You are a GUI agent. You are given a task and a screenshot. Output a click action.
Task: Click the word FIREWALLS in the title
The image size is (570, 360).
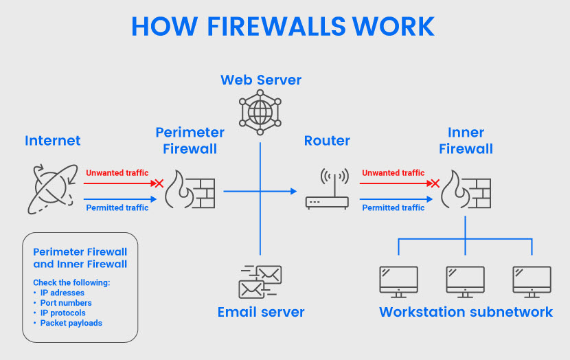[x=276, y=26]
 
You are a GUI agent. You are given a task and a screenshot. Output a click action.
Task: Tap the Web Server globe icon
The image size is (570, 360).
[x=260, y=113]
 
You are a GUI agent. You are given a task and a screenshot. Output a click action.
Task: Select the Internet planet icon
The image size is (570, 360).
[x=53, y=189]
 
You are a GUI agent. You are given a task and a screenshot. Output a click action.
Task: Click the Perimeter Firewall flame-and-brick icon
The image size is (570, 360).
[x=190, y=190]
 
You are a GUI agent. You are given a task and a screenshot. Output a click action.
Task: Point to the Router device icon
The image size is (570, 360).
[x=327, y=189]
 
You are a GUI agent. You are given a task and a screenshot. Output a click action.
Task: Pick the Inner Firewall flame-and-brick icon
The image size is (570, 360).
[x=466, y=190]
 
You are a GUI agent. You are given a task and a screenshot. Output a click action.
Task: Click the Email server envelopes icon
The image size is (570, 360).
[x=260, y=282]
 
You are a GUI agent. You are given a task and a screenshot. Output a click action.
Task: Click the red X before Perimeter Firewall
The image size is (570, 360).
[x=159, y=183]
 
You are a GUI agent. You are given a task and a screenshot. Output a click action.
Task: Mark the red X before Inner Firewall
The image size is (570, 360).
[x=435, y=183]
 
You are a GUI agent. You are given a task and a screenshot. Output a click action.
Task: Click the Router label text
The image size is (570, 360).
[x=327, y=141]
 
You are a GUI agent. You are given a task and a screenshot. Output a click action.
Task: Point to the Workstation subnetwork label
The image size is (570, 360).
[x=466, y=312]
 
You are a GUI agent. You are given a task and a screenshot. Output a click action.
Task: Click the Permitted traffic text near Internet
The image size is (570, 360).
[x=117, y=207]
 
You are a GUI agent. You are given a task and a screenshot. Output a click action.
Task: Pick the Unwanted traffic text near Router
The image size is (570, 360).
[x=394, y=172]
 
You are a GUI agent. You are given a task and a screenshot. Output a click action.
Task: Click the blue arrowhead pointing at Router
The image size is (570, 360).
[x=294, y=191]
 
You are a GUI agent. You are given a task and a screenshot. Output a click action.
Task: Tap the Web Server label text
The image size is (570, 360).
[x=261, y=80]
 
